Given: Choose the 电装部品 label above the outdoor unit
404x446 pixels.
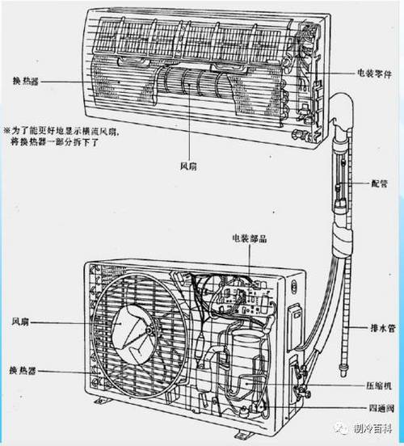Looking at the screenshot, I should pos(242,239).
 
